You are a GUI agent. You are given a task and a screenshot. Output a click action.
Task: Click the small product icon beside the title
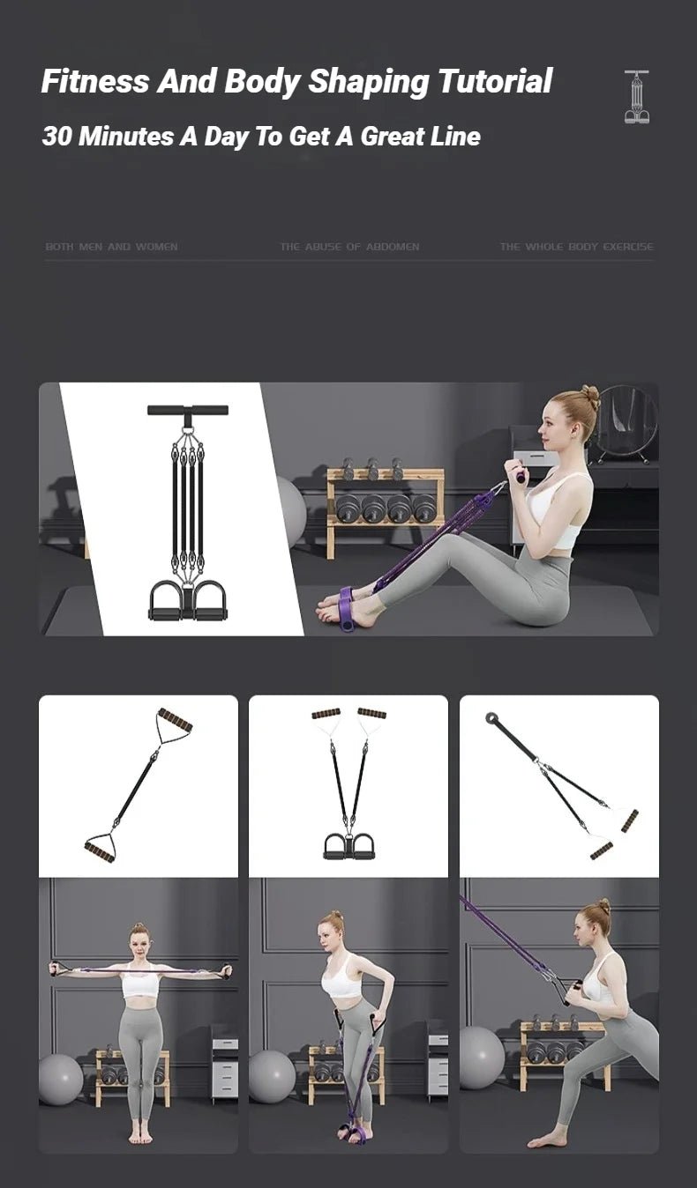(x=636, y=97)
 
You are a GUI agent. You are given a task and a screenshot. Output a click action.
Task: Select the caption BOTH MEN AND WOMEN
(x=111, y=247)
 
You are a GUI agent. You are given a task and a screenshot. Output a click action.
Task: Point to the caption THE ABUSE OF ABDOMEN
(x=349, y=247)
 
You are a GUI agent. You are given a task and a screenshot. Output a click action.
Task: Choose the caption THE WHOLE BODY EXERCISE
(x=576, y=247)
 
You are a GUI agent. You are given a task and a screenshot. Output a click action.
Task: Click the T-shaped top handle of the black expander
(x=187, y=410)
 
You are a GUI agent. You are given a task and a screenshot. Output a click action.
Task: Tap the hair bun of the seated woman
(x=590, y=397)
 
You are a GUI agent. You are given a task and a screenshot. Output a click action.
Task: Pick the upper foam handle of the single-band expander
(x=175, y=720)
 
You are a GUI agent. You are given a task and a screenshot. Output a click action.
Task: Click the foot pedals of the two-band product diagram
(x=348, y=846)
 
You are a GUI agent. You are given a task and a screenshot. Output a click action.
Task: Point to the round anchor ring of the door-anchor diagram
(x=491, y=718)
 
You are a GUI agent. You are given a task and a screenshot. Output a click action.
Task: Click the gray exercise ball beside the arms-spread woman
(x=60, y=1080)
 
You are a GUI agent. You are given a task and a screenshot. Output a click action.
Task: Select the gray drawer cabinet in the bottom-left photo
(x=224, y=1066)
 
